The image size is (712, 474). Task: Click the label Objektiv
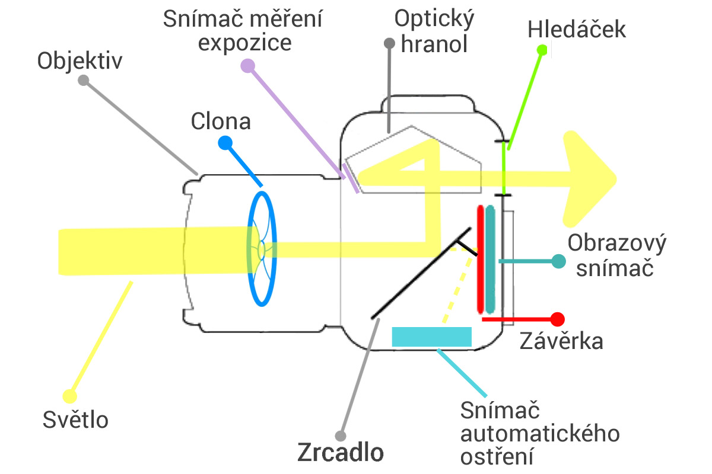click(80, 60)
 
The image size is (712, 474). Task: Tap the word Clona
click(221, 121)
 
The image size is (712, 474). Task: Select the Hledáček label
click(577, 30)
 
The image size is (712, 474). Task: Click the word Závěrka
click(561, 341)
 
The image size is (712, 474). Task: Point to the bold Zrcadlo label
click(340, 453)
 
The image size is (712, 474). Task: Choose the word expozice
click(244, 43)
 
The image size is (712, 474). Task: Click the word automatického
click(541, 433)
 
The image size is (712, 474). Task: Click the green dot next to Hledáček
click(541, 50)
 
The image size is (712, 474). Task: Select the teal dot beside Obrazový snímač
click(557, 261)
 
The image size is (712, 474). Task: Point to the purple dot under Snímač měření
click(247, 66)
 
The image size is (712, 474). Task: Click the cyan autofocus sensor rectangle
click(431, 336)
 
